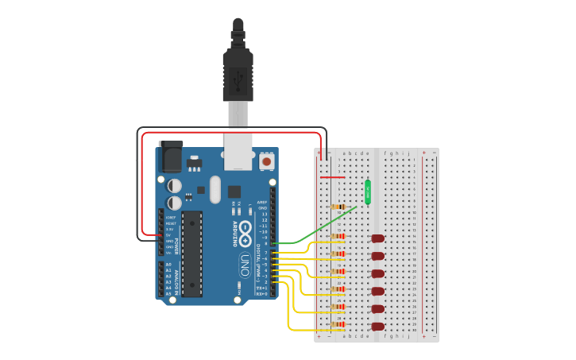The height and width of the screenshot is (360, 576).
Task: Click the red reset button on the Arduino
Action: (266, 161)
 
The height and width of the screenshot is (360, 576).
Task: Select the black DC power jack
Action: (171, 157)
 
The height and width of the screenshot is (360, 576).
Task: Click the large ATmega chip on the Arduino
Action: (192, 252)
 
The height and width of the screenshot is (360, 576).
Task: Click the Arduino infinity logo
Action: (245, 234)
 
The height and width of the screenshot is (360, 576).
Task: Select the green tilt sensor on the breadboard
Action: (368, 192)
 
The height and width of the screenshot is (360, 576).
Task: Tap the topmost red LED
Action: (378, 238)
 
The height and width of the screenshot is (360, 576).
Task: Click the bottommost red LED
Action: (378, 326)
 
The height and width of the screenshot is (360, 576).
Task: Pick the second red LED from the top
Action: (378, 256)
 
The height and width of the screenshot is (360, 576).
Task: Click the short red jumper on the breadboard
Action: (332, 177)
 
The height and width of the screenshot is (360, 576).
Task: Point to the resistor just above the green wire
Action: (338, 207)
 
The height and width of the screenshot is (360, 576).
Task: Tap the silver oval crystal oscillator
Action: (215, 189)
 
